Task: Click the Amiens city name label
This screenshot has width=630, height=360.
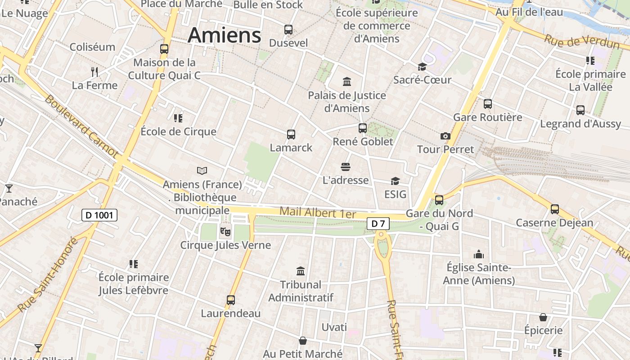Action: coord(224,35)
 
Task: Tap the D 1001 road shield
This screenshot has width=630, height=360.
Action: coord(99,215)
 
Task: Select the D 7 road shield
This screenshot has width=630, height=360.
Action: coord(378,223)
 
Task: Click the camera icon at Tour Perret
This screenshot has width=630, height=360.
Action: coord(445,136)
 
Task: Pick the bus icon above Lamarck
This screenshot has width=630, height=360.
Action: coord(291,134)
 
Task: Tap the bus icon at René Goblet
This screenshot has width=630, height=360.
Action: coord(363,128)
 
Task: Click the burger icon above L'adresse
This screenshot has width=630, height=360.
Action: coord(346,167)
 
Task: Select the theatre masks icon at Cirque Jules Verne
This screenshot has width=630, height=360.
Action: coord(225,232)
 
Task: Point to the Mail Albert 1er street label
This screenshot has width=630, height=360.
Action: coord(318,212)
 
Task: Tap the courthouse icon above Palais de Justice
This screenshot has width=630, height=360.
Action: coord(347,81)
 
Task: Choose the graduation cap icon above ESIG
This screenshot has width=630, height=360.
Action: coord(395,181)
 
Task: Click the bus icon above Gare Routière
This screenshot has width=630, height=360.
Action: coord(488,104)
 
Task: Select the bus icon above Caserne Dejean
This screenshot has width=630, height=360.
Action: coord(555,209)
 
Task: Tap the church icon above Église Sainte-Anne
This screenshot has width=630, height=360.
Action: coord(479,254)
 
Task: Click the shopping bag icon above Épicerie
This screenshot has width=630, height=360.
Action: coord(543,317)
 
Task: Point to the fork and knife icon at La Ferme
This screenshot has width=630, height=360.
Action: coord(94,72)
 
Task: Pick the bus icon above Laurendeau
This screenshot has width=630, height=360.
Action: coord(231,300)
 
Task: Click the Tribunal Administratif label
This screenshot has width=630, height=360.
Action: coord(301,291)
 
